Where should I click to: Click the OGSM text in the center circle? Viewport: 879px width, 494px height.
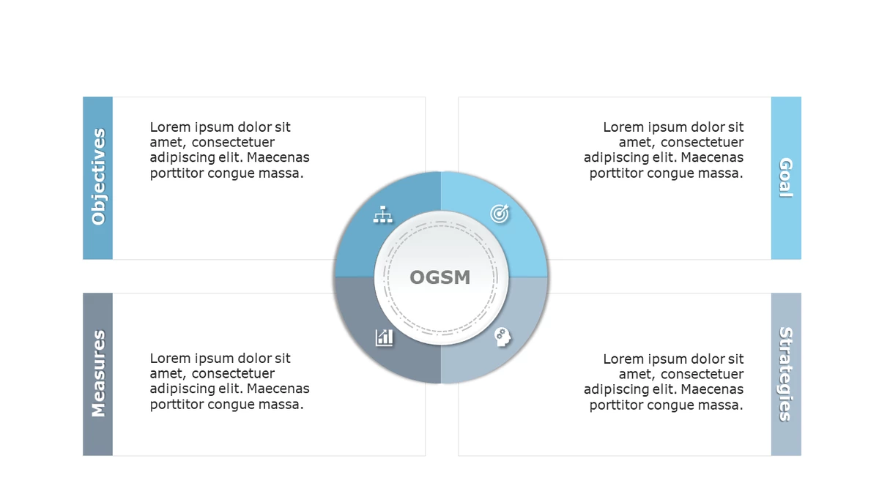440,277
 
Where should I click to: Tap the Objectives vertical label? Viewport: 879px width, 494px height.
98,177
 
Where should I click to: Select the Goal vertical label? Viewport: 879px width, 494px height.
786,178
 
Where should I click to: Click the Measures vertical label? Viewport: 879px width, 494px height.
98,373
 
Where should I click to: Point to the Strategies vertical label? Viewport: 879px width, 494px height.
786,374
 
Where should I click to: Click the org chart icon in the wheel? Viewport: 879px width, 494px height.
382,214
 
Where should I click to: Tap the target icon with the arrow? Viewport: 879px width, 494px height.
500,214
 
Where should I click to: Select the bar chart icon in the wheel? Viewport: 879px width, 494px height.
384,337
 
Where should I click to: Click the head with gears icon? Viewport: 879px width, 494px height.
502,337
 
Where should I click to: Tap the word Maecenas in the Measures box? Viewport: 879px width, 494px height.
278,389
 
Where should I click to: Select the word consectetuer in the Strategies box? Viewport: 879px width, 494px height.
702,375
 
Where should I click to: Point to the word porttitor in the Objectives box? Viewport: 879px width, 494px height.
177,173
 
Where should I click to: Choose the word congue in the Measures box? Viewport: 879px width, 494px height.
231,405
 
